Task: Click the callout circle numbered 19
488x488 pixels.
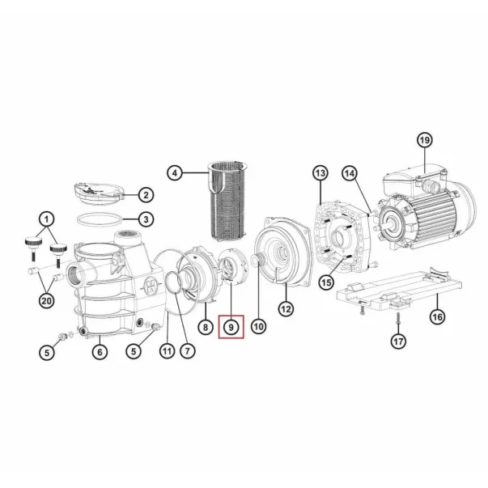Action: coord(426,140)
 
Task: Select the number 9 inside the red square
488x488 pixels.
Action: coord(231,327)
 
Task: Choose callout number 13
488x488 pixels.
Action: coord(320,173)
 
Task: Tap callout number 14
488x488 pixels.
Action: coord(349,173)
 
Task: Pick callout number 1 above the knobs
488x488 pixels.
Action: coord(47,219)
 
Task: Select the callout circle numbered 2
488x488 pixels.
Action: coord(146,194)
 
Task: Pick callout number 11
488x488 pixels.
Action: coord(167,350)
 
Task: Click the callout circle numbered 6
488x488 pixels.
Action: coord(100,351)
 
